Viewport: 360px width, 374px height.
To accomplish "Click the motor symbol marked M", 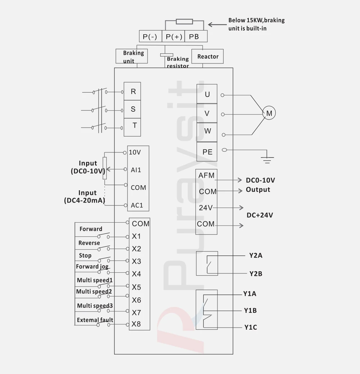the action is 269,113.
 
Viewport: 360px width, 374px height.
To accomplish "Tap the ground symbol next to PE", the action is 267,158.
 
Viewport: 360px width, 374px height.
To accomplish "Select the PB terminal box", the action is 194,36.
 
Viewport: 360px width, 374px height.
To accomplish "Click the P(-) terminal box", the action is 150,36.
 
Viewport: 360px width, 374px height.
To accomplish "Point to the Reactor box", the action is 208,57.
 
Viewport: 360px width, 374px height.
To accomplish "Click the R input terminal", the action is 133,92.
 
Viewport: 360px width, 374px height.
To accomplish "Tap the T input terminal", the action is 134,126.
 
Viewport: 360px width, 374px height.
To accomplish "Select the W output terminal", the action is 207,131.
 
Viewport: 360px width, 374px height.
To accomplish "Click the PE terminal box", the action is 207,152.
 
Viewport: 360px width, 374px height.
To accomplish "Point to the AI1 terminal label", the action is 136,170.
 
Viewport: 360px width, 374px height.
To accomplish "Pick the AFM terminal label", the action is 206,175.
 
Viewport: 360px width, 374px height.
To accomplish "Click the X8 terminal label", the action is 136,324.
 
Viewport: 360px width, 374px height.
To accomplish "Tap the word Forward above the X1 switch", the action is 91,229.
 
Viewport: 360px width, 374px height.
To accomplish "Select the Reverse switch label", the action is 89,243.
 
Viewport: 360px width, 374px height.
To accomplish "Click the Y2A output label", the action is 256,256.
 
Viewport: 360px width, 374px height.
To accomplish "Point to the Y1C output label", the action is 250,328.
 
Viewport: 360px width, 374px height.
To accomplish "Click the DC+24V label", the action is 260,215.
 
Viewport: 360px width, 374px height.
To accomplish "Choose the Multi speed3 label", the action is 95,306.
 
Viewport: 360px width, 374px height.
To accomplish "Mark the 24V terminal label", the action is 206,208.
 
